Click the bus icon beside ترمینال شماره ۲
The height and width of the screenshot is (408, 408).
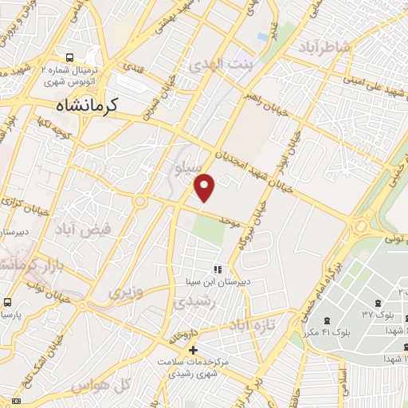tap(71, 57)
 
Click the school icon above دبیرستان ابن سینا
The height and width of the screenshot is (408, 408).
tap(216, 270)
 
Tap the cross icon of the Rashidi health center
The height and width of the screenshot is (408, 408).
tap(192, 350)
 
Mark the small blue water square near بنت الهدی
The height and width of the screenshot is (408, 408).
tap(263, 37)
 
